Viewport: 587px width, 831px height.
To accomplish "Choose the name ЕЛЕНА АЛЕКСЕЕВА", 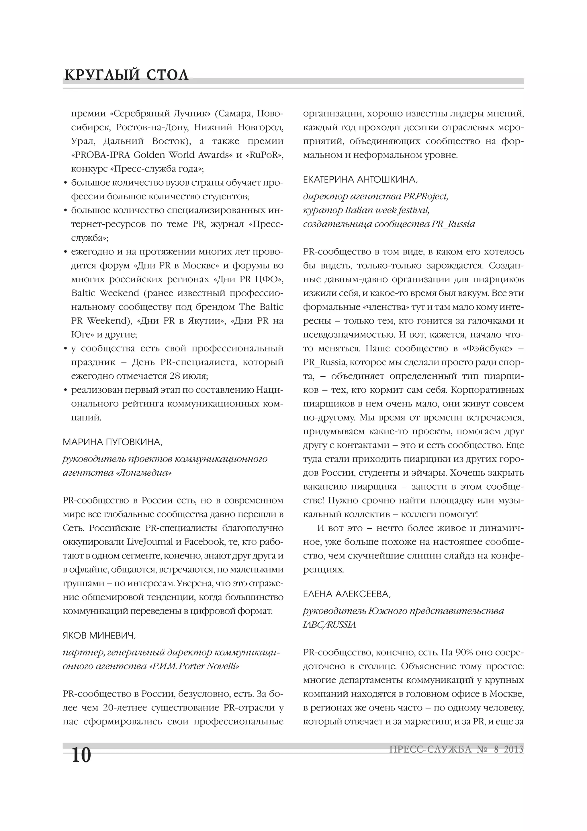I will coord(347,594).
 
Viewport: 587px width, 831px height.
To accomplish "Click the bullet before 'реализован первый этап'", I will coord(65,390).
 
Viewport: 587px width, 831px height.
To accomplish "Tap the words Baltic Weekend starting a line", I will coord(105,293).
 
